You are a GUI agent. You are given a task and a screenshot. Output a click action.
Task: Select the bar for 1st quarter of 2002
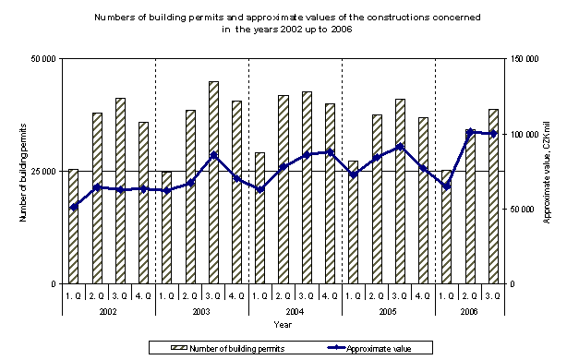(73, 226)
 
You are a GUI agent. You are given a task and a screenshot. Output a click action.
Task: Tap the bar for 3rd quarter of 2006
(493, 196)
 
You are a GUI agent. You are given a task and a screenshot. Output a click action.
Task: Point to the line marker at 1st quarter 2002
(73, 207)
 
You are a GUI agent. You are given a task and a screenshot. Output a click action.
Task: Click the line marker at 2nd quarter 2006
(470, 132)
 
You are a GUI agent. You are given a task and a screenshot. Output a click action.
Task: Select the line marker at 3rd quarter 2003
(213, 155)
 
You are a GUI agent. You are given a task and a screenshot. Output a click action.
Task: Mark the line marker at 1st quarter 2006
(447, 186)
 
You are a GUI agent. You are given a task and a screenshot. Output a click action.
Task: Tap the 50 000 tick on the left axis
(42, 59)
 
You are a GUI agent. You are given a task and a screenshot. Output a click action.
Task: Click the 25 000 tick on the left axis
(42, 172)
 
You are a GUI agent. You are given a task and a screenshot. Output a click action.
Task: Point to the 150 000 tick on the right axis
(523, 59)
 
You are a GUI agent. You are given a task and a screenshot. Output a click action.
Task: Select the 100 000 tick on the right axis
(523, 134)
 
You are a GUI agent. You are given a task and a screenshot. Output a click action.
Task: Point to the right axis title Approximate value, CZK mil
(547, 172)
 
